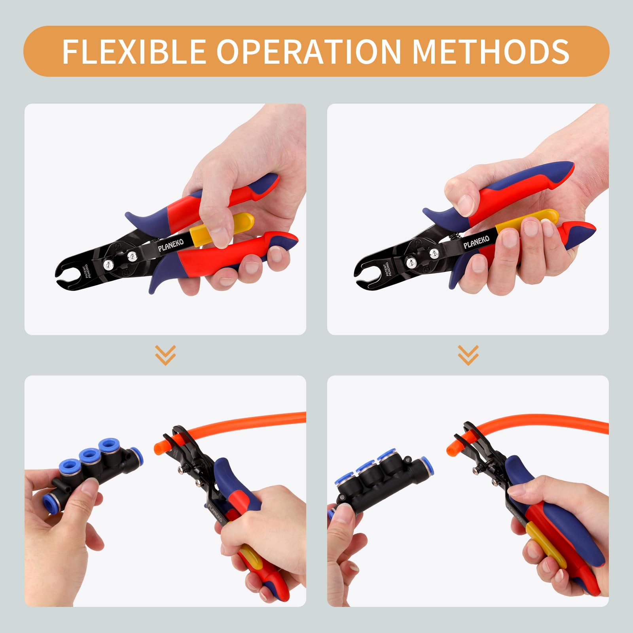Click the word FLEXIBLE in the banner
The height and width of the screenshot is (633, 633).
coord(134,51)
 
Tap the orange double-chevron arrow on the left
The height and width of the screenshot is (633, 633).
coord(165,355)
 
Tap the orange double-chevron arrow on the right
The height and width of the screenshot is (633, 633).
coord(468,355)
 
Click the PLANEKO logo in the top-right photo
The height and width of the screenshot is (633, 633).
coord(476,242)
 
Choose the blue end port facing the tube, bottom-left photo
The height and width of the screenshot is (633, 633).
coord(136,457)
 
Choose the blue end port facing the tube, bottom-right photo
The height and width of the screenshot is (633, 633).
coord(427,465)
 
